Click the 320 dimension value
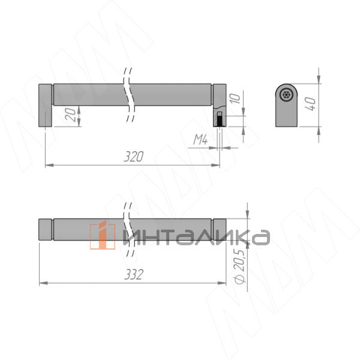134,157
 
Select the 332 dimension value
134,274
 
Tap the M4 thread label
200,140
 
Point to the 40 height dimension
311,104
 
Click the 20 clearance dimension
70,115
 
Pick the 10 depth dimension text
235,98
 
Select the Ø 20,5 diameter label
240,266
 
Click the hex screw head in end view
286,95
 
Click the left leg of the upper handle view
45,106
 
